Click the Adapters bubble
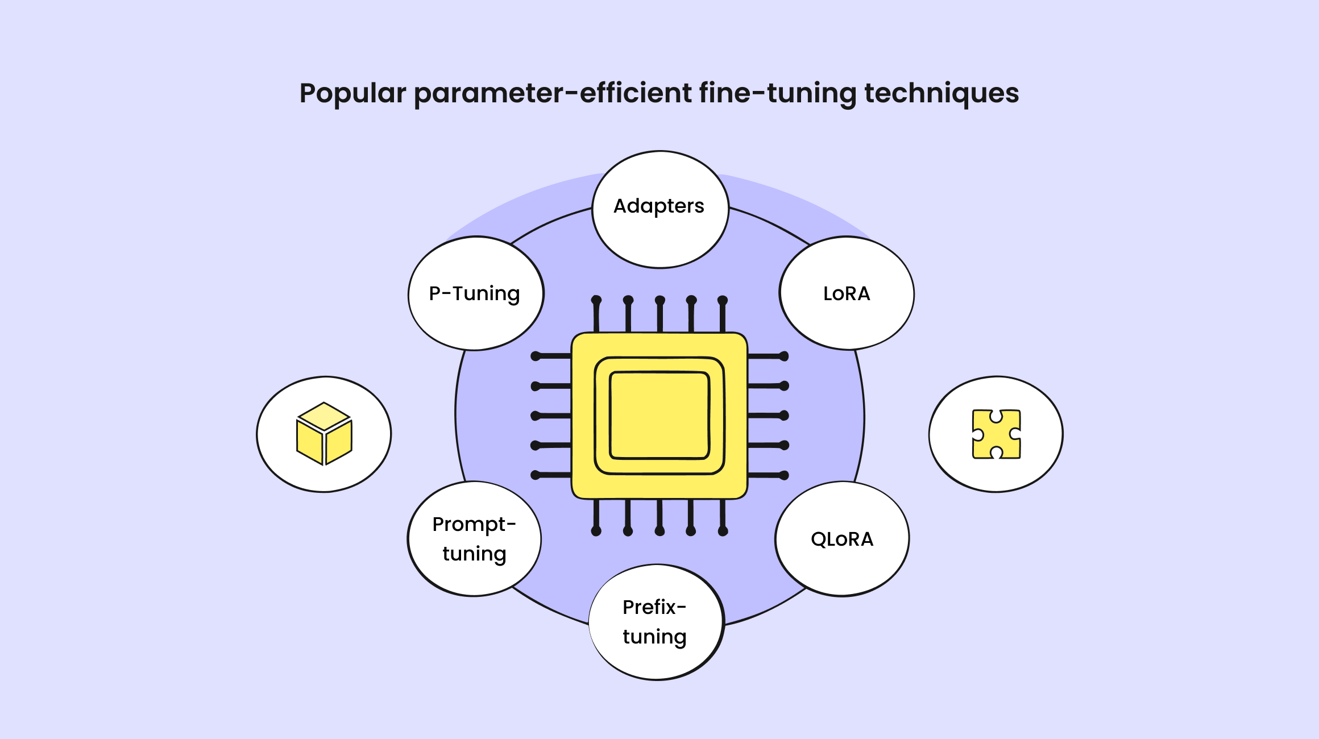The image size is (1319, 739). point(659,209)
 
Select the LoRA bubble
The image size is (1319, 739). point(847,293)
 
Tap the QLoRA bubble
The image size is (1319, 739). point(842,539)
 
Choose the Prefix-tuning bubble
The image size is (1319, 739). point(656,622)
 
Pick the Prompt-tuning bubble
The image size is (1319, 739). point(474,538)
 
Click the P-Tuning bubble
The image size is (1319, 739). point(475,293)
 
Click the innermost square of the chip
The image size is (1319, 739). point(659,415)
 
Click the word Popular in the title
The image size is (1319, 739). point(352,93)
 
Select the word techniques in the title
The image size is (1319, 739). point(941,93)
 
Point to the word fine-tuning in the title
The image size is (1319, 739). point(777,93)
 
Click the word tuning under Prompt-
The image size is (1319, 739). point(474,554)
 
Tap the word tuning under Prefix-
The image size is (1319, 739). point(654,637)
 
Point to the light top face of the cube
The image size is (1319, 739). point(324,416)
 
